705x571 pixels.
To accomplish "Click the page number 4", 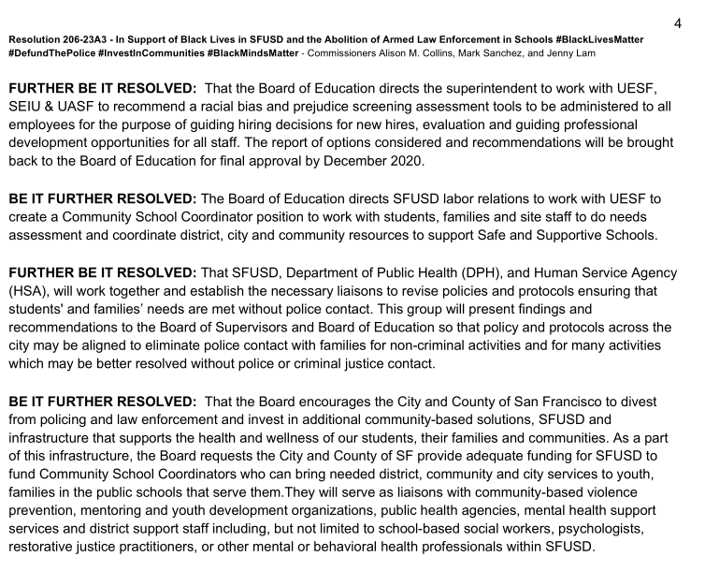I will coord(678,23).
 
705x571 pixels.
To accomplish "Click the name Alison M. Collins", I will coord(413,54).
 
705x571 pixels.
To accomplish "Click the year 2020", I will coord(403,161).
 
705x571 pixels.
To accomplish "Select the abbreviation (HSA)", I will coord(27,290).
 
